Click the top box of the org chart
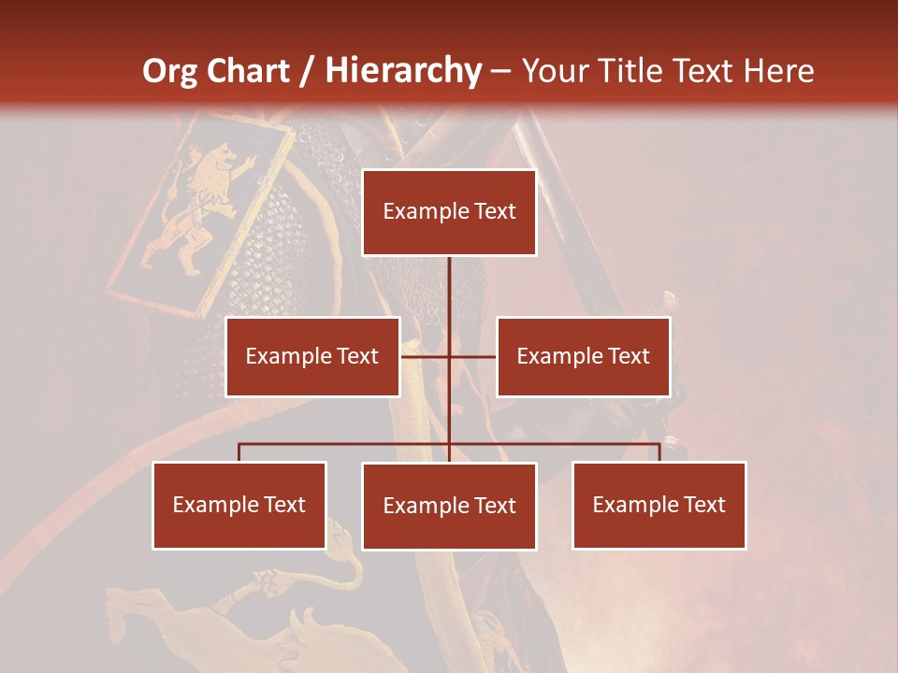tap(449, 212)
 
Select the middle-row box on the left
tap(312, 356)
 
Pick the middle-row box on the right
tap(583, 356)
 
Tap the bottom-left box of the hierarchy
tap(239, 505)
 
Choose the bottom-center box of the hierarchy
tap(449, 506)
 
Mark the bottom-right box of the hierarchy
tap(659, 505)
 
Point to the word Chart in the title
tap(251, 71)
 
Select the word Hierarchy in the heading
tap(403, 71)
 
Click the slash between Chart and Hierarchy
tap(308, 71)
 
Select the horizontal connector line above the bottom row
tap(346, 444)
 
